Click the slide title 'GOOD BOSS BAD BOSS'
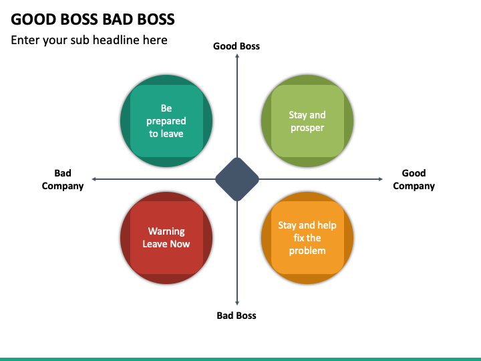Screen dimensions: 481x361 tap(93, 19)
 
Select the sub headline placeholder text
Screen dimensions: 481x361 tap(89, 40)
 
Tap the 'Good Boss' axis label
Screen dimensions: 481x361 tap(236, 46)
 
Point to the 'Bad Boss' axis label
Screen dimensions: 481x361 tap(236, 316)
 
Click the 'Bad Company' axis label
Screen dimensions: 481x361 tap(63, 180)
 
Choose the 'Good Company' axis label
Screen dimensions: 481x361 tap(414, 180)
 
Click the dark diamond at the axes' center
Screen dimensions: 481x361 tap(237, 179)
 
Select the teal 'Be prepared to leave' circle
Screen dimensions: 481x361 tap(166, 121)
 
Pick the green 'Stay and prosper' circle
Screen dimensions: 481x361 tap(307, 121)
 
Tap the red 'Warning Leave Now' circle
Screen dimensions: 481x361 tap(166, 238)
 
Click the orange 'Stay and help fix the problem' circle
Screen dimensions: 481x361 tap(307, 238)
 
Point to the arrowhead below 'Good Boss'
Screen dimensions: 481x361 tap(237, 55)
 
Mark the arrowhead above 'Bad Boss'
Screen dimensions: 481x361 tap(237, 304)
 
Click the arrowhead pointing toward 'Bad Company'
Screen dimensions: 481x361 tap(94, 179)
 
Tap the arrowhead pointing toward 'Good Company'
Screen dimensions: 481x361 tap(381, 179)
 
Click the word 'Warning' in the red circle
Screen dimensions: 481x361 tap(166, 231)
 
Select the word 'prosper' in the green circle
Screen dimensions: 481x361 tap(307, 128)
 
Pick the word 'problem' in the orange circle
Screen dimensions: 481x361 tap(307, 251)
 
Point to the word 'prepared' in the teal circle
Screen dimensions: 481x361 tap(166, 121)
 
